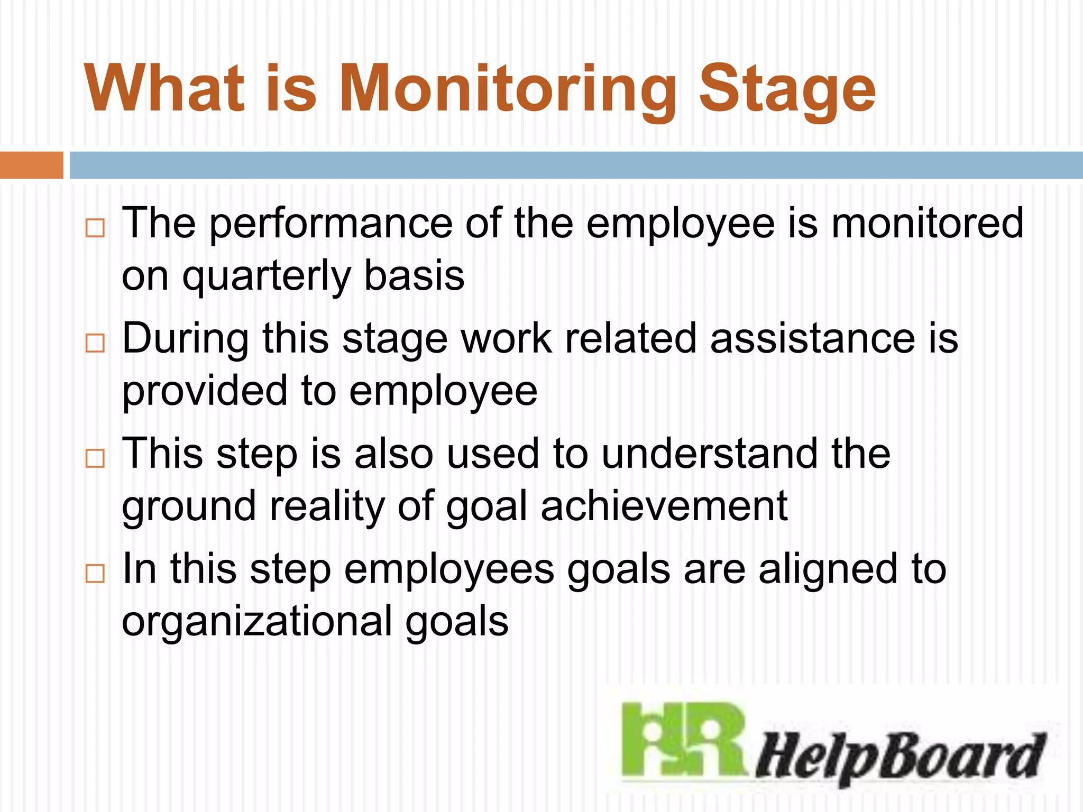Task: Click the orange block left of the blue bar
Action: point(31,165)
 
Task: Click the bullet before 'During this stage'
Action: point(95,343)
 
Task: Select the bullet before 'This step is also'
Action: point(95,458)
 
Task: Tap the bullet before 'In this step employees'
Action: point(95,574)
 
